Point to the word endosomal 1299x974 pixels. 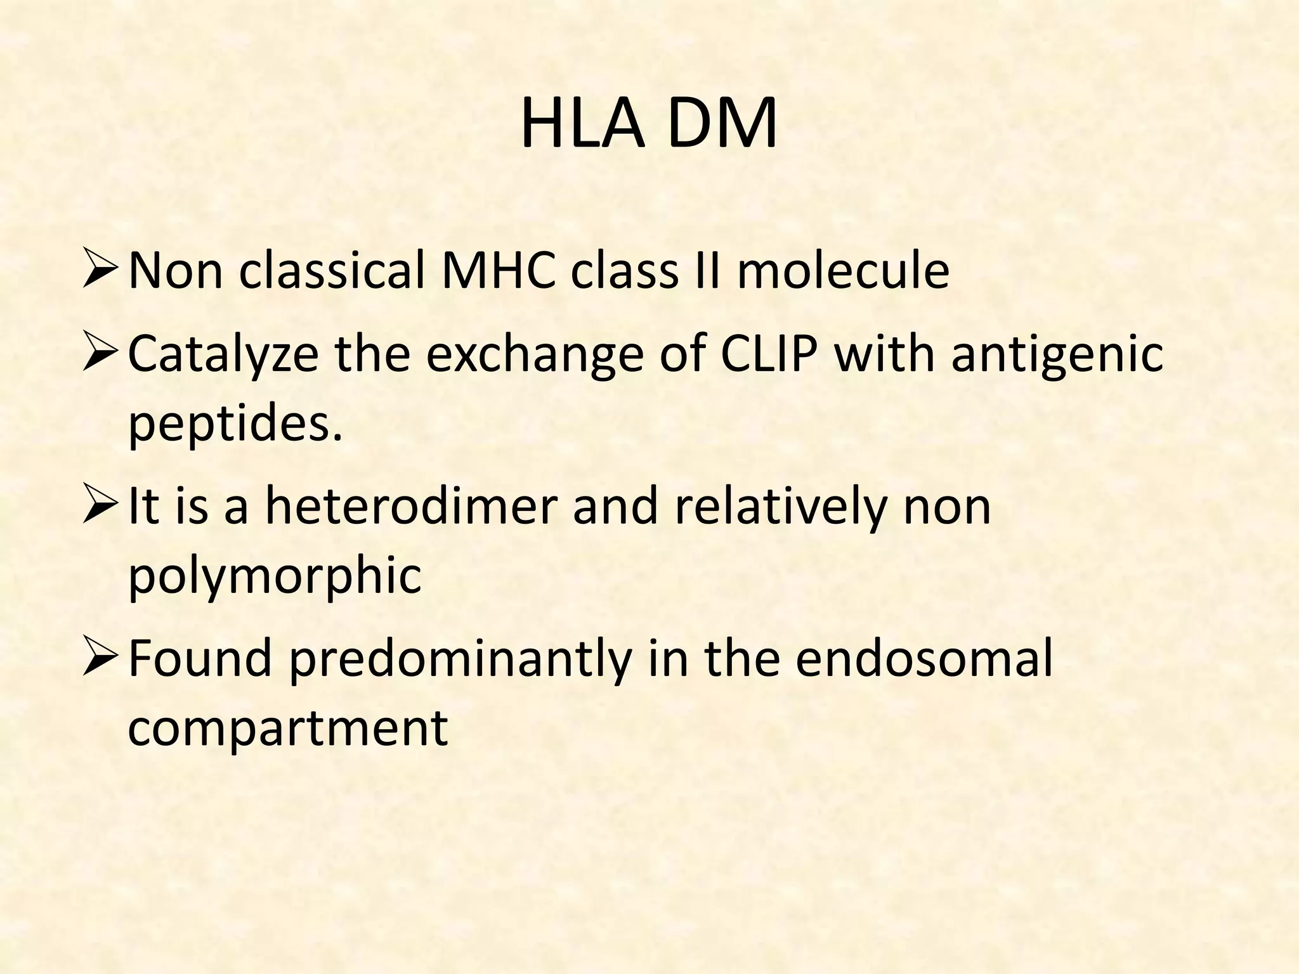924,658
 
